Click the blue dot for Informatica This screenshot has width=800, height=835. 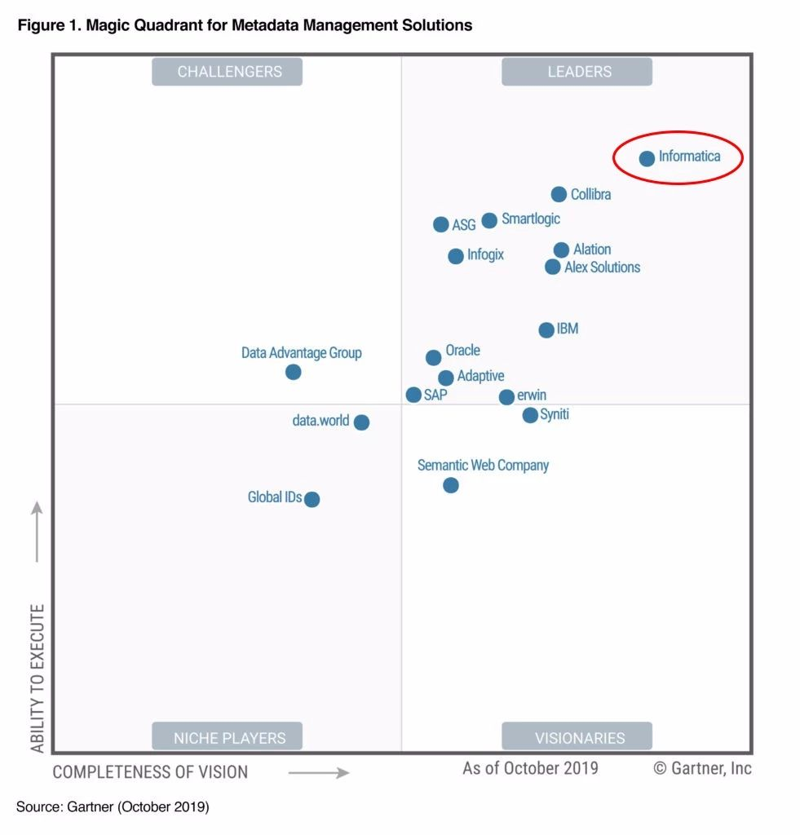point(647,158)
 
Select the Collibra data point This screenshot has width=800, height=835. point(559,194)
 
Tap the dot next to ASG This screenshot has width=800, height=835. point(441,224)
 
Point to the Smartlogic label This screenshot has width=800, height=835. point(531,219)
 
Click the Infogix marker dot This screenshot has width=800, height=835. point(456,256)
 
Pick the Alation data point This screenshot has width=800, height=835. point(561,250)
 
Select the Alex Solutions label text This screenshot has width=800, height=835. point(602,267)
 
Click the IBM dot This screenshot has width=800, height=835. point(546,329)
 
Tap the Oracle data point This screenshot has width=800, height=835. point(434,357)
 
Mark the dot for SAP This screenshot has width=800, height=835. point(413,395)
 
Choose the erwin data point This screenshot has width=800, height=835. point(506,397)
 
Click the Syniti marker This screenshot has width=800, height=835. point(530,415)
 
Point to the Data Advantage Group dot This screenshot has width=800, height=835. point(294,372)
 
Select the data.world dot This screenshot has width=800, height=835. point(361,422)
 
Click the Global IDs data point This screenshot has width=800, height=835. point(312,499)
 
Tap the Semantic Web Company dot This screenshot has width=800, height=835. point(450,485)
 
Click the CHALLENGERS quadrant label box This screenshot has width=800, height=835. point(228,72)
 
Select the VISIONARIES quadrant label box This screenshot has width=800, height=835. point(577,737)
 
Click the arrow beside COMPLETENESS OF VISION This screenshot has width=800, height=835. point(319,772)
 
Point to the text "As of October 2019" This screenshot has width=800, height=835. point(530,768)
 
